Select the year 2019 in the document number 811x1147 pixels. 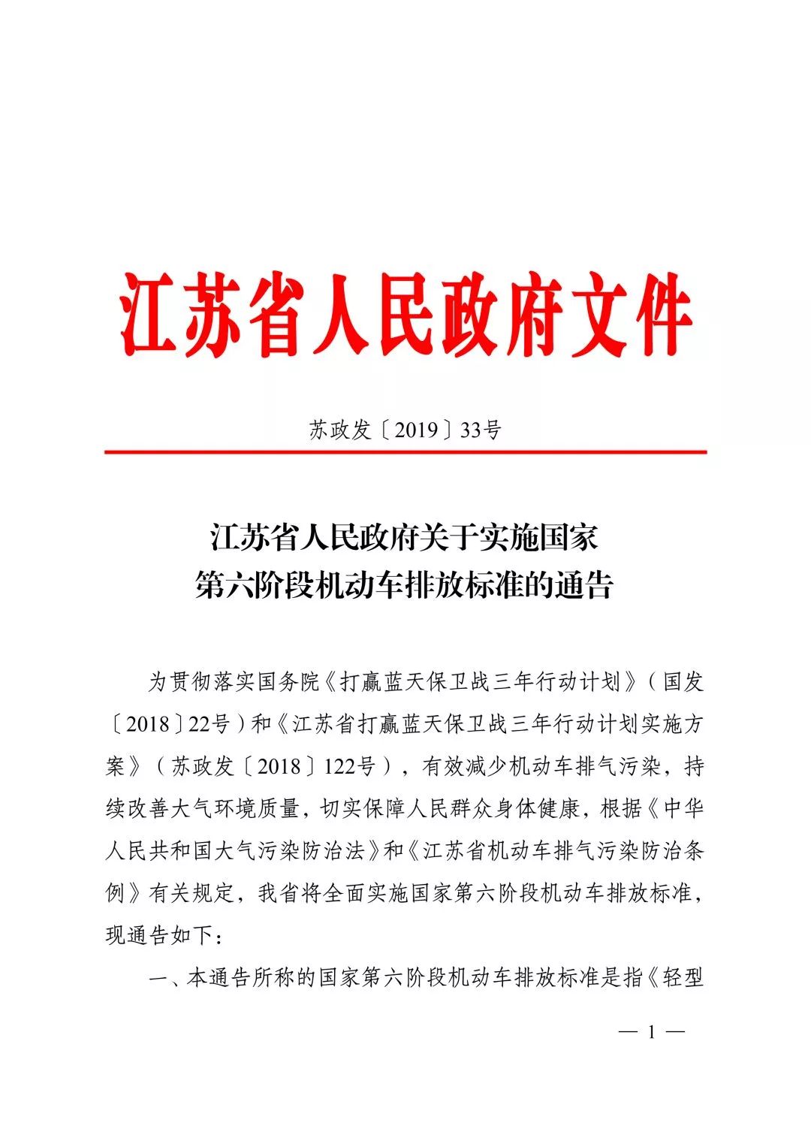(x=416, y=430)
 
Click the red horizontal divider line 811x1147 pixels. (x=405, y=452)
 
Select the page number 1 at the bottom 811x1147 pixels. (x=651, y=1032)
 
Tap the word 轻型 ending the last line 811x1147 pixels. (x=683, y=978)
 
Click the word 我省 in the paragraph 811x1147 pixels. (x=279, y=894)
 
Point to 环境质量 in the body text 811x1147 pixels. (x=257, y=809)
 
